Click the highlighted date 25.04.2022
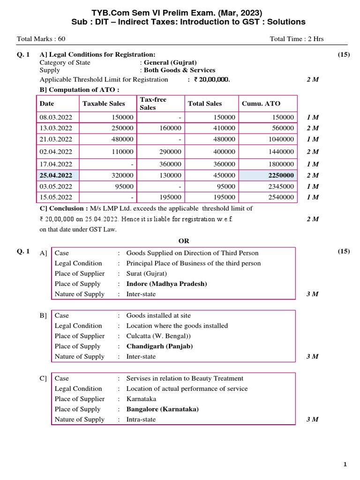56,175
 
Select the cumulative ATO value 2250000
280,175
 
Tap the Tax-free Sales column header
153,104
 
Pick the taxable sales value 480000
123,139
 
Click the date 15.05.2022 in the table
56,197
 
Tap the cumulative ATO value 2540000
281,197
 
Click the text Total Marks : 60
41,39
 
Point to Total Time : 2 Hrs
297,39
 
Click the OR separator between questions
184,241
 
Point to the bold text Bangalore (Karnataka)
162,409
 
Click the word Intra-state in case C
141,420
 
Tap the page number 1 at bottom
345,465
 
